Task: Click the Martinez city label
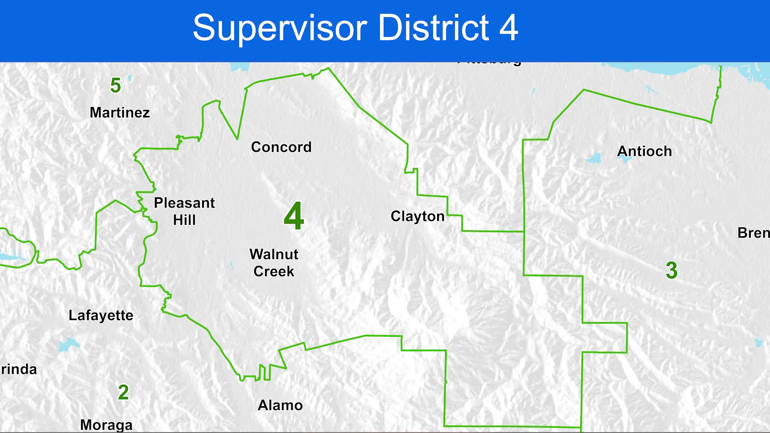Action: tap(120, 113)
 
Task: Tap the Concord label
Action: tap(281, 147)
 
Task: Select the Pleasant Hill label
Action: tap(184, 211)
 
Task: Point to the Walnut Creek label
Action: tap(274, 263)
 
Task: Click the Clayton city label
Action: tap(417, 216)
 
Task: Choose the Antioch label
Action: tap(644, 152)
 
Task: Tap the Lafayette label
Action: tap(101, 316)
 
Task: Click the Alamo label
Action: tap(280, 405)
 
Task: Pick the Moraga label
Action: tap(106, 425)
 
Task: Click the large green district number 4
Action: tap(294, 216)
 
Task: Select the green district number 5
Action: tap(115, 85)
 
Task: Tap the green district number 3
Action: tap(672, 270)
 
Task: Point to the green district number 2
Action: tap(123, 392)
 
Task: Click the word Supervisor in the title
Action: tap(280, 28)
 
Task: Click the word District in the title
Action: tap(434, 28)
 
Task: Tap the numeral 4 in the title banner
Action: tap(509, 28)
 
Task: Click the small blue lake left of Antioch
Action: tap(594, 158)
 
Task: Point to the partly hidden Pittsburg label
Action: tap(489, 63)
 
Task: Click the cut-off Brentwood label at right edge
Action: tap(754, 233)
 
